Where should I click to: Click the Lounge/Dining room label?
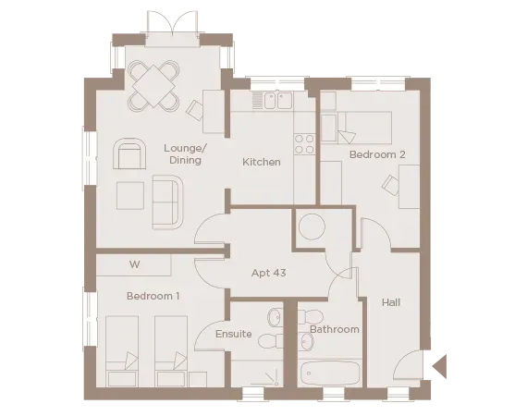click(x=185, y=154)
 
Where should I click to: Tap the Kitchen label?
click(x=262, y=163)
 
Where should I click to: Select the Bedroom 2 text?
click(x=377, y=154)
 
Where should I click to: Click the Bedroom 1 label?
click(x=153, y=296)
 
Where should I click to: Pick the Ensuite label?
click(x=234, y=334)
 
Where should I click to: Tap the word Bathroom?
click(x=334, y=329)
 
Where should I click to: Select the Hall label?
click(x=390, y=302)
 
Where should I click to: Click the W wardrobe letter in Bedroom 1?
click(x=134, y=264)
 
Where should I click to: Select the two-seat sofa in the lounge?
click(x=167, y=202)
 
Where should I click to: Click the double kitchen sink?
click(x=276, y=99)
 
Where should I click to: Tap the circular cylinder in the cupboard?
click(x=312, y=227)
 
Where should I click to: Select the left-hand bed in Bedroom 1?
click(x=122, y=351)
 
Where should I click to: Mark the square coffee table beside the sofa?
click(x=130, y=196)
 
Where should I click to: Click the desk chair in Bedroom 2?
click(x=391, y=188)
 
